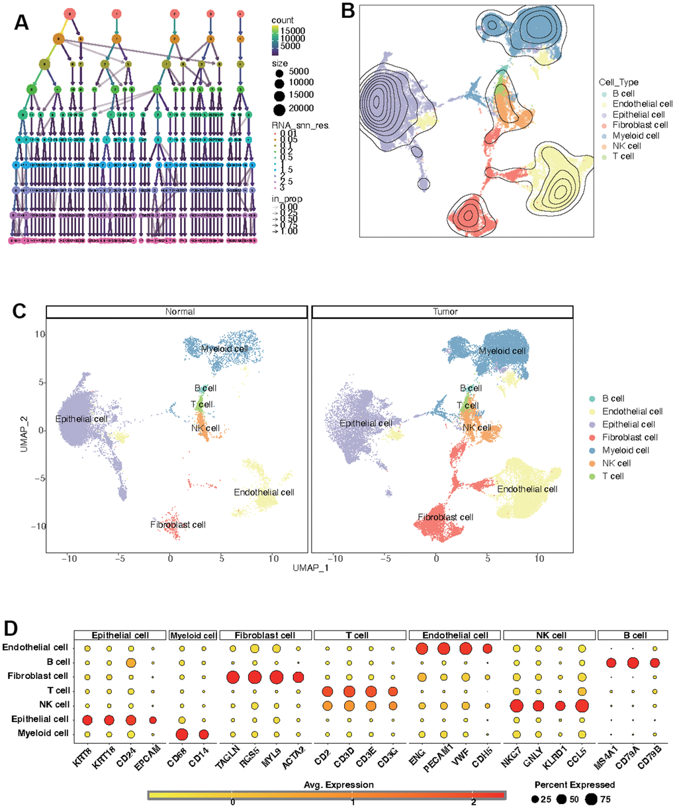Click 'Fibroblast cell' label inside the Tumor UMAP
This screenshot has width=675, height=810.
click(445, 517)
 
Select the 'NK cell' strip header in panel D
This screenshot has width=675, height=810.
click(548, 635)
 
